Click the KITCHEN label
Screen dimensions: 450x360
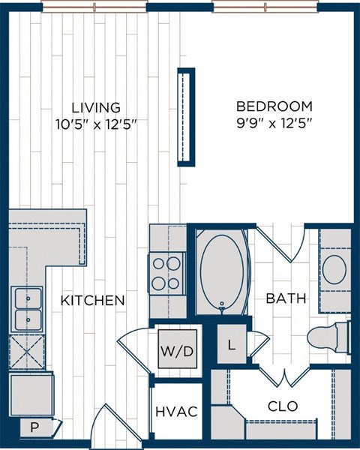click(x=92, y=301)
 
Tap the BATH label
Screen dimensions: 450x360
click(x=286, y=298)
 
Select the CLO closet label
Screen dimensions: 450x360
click(x=283, y=406)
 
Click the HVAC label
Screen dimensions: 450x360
click(x=176, y=412)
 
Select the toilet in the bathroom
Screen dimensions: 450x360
click(x=337, y=337)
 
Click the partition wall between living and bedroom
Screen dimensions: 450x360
click(x=185, y=117)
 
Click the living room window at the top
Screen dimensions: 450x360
click(x=94, y=7)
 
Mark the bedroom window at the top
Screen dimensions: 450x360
click(x=265, y=7)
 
